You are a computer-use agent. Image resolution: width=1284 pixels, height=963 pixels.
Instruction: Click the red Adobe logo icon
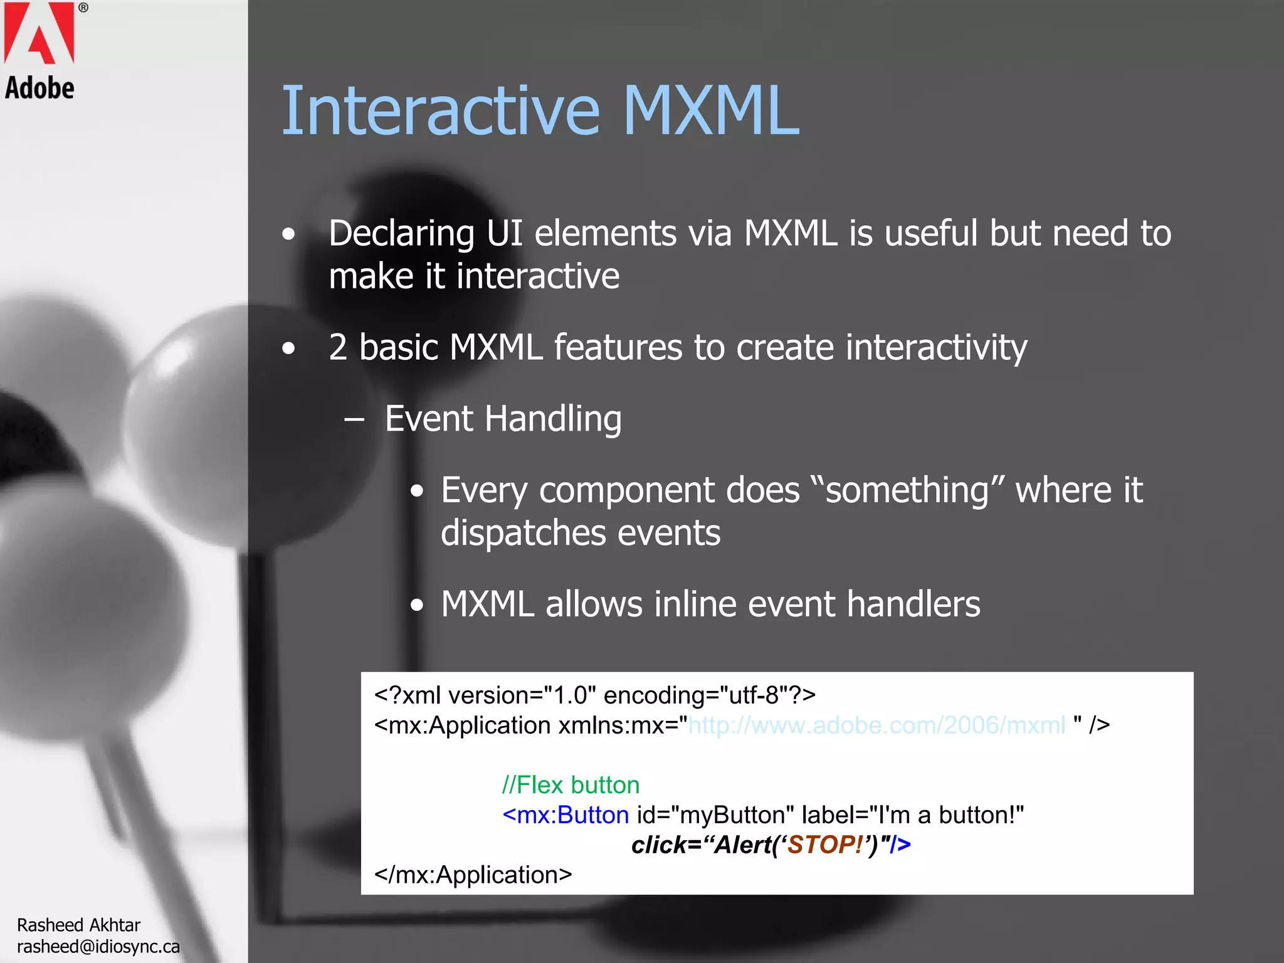pos(39,33)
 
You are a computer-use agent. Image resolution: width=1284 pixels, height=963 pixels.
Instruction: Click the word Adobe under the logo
pos(39,88)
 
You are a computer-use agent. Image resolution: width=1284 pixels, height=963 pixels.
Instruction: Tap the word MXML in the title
pos(711,112)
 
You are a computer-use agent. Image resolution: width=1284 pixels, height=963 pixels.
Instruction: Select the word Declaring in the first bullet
pos(401,234)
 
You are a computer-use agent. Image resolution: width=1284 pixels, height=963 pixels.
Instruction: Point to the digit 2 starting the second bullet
pos(338,348)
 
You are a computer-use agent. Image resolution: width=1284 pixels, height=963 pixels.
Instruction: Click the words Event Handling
pos(503,419)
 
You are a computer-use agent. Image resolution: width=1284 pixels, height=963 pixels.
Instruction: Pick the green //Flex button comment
pos(571,785)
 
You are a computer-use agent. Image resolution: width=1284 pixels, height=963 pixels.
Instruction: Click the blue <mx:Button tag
pos(565,815)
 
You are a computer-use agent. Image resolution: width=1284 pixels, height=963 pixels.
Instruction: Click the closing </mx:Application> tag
pos(473,875)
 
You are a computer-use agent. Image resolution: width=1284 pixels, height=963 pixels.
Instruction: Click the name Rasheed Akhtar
pos(78,925)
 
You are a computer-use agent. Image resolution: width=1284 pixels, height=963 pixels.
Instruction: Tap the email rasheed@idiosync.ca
pos(98,947)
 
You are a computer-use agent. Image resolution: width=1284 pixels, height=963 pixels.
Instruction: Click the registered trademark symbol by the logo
pos(83,8)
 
